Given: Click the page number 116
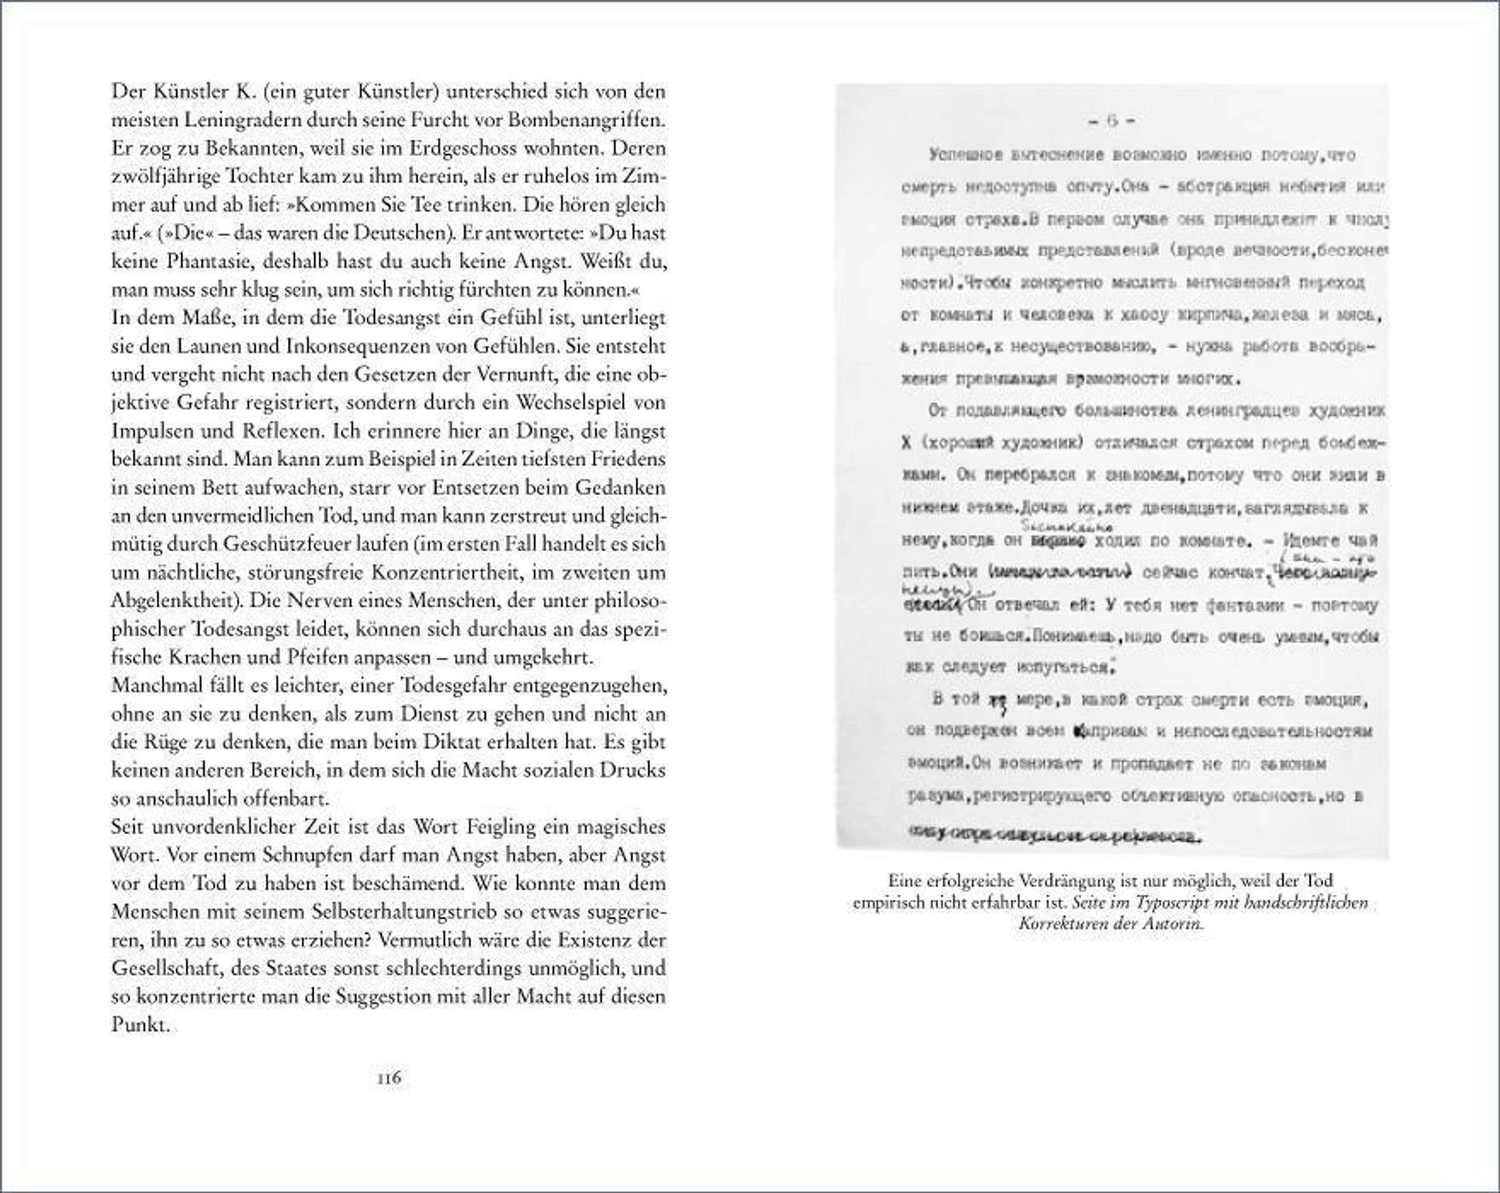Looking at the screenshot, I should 389,1078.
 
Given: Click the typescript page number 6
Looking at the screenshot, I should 1111,121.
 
